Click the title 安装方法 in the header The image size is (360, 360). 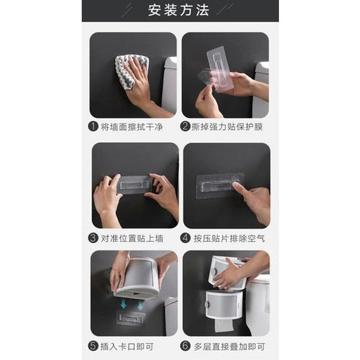click(179, 10)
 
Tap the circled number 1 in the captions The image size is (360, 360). click(93, 127)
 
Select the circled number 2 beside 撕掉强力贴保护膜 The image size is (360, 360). click(186, 127)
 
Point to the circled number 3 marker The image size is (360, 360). click(93, 238)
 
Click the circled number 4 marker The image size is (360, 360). click(186, 238)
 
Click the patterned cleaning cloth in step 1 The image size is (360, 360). click(130, 69)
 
